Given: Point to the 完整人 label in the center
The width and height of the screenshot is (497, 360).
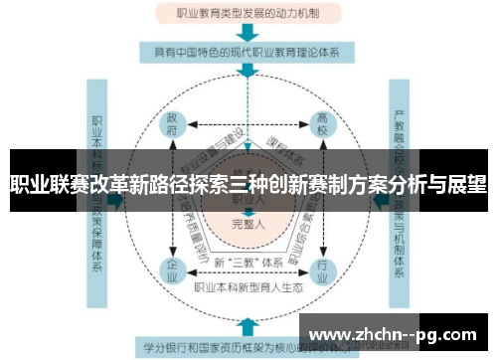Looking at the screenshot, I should point(247,222).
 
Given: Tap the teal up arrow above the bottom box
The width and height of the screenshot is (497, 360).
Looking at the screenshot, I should point(247,324).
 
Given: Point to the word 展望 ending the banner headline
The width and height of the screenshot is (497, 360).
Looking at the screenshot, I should point(466,183).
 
